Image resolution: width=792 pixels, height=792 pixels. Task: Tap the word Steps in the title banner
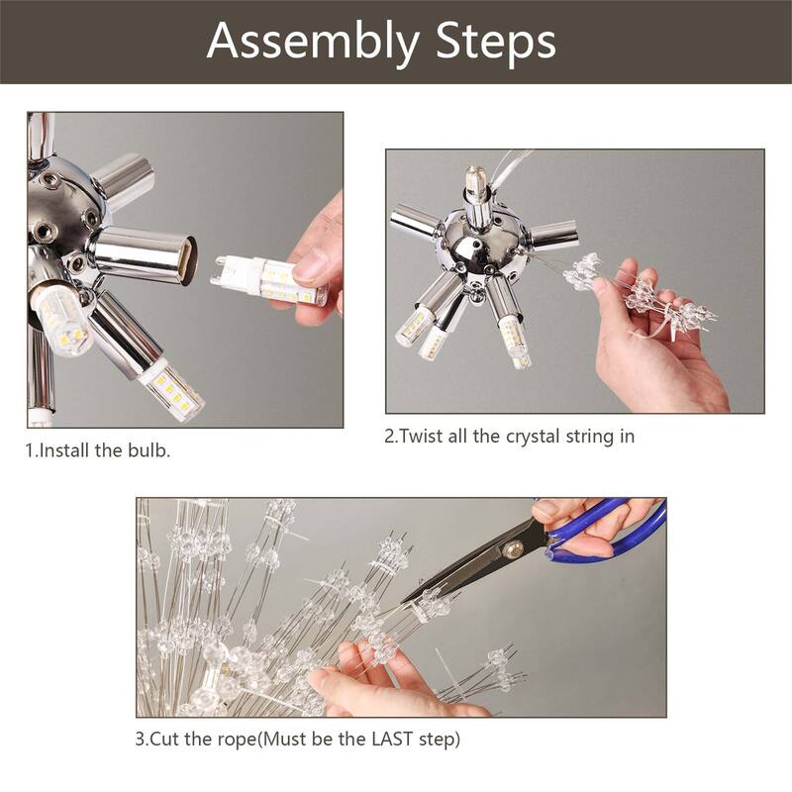coord(495,42)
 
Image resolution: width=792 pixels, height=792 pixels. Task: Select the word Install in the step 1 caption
coord(66,450)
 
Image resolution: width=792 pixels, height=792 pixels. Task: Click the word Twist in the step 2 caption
coord(421,437)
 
